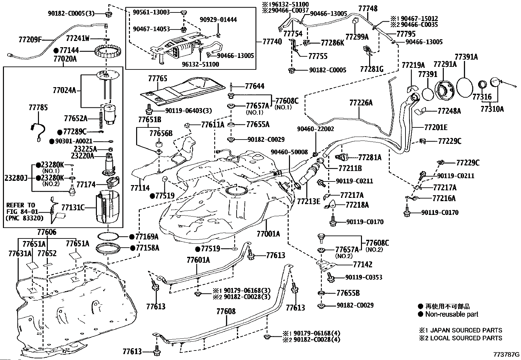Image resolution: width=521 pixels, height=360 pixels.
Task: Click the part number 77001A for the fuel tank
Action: click(268, 234)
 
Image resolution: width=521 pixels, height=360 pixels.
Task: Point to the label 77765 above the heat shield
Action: click(157, 79)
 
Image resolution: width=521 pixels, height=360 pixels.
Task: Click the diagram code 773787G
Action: click(507, 355)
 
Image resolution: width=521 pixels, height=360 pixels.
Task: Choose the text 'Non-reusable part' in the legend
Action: click(452, 314)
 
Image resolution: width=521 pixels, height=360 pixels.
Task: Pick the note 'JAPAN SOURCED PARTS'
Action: click(466, 330)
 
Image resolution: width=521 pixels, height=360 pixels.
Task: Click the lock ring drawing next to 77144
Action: click(108, 51)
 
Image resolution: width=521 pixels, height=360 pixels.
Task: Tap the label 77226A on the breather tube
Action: click(361, 103)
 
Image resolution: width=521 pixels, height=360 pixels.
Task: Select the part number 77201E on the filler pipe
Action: click(436, 127)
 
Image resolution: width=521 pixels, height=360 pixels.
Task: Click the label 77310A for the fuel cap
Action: click(492, 109)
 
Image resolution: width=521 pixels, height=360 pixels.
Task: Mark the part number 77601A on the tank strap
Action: click(198, 260)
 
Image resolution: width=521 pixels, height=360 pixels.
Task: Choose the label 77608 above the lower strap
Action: click(226, 312)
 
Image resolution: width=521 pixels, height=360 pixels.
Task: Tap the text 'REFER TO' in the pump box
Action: click(21, 205)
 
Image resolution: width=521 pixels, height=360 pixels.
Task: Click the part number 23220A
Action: click(82, 156)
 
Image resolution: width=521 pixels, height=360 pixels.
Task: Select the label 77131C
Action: click(73, 207)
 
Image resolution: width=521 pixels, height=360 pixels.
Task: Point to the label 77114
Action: click(140, 188)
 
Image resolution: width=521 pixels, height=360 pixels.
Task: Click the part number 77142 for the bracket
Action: click(363, 264)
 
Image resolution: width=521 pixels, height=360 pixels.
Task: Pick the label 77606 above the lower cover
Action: click(46, 233)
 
